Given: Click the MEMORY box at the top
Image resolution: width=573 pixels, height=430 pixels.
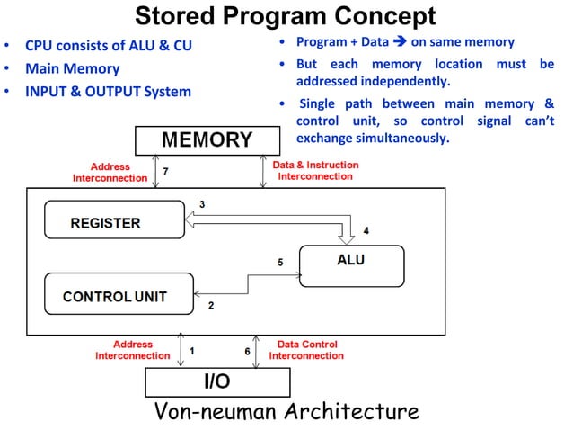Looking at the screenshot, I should click(207, 140).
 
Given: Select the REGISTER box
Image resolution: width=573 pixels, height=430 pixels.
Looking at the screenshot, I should click(106, 223).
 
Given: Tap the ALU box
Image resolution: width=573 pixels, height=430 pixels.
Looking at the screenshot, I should click(344, 262).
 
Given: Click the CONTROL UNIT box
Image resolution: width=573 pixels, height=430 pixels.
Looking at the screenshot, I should click(114, 296).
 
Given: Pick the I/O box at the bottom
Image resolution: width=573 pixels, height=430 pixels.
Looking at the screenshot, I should click(217, 381).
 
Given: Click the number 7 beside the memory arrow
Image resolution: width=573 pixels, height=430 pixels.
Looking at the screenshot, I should click(166, 171).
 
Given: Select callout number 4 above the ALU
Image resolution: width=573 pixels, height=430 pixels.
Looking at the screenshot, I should click(366, 231).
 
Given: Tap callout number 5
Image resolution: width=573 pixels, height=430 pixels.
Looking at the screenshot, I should click(280, 263).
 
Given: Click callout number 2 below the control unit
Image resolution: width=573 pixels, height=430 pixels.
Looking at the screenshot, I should click(211, 306).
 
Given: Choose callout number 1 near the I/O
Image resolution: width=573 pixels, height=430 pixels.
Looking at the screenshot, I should click(193, 350).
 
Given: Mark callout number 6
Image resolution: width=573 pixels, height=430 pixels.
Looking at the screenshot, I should click(248, 350).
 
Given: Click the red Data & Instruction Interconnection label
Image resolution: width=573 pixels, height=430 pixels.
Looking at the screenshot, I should click(315, 171).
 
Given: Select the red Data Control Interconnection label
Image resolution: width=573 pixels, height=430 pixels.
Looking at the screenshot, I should click(307, 350).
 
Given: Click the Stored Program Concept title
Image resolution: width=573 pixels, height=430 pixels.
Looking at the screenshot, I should click(285, 16).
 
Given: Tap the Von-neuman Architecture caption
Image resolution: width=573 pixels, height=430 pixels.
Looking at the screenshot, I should click(286, 412).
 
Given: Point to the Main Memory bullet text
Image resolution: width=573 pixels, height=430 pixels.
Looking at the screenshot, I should click(72, 68).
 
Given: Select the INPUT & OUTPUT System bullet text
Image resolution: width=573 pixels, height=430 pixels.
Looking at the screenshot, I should click(108, 92).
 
